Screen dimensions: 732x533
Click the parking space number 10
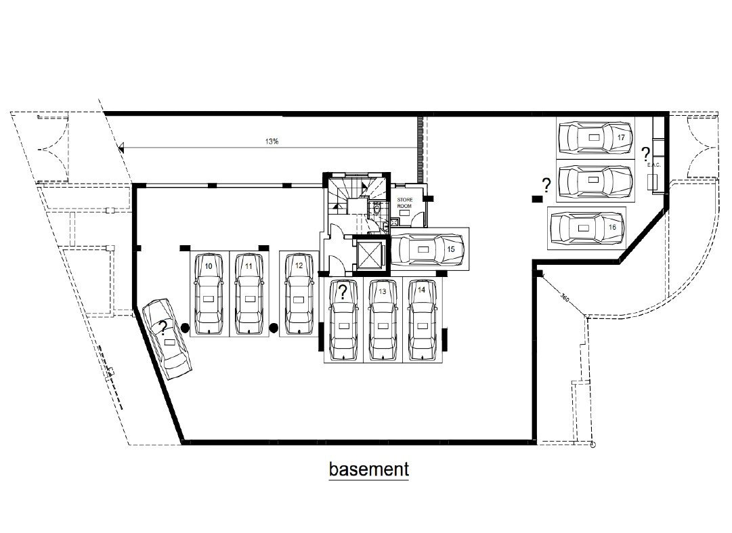click(209, 267)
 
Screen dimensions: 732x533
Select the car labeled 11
click(249, 294)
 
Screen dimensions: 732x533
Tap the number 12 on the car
click(299, 265)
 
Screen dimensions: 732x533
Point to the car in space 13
click(383, 320)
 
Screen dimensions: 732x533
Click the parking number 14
click(422, 290)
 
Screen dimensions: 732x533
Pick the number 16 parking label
click(613, 228)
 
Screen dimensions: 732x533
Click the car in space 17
click(596, 137)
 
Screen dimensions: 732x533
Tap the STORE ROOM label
click(405, 202)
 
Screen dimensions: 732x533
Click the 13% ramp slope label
click(272, 141)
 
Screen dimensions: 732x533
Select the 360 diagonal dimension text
click(565, 297)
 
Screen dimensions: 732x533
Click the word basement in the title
click(369, 469)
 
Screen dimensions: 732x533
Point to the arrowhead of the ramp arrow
click(121, 148)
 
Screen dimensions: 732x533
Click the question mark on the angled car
click(163, 328)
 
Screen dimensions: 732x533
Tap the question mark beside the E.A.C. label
click(645, 153)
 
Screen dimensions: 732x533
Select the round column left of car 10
click(185, 328)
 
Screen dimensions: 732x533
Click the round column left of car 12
click(274, 328)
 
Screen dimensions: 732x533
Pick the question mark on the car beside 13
click(343, 292)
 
